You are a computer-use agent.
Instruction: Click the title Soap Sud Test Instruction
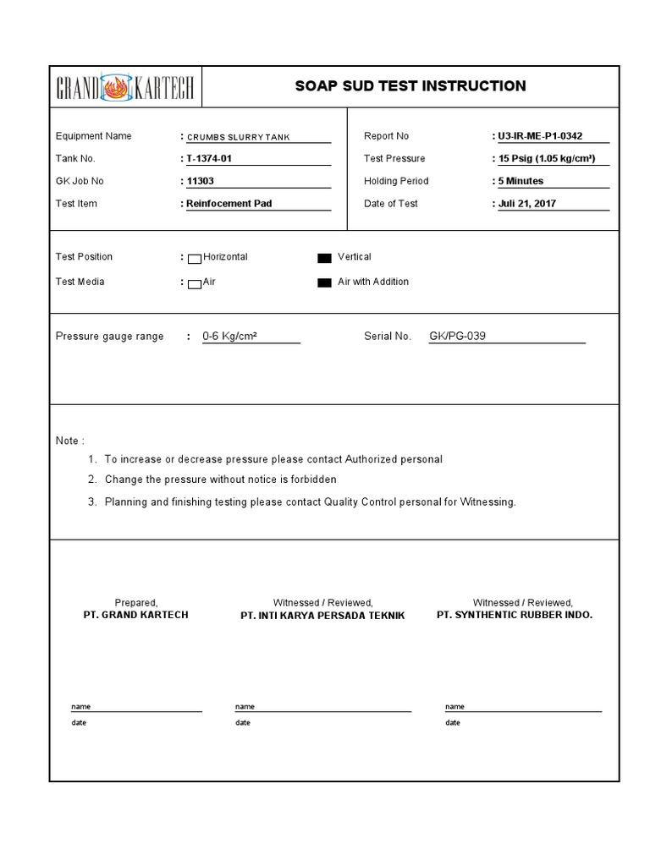point(410,86)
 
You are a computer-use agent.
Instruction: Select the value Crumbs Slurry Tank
point(238,137)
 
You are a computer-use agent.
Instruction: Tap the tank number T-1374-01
point(209,159)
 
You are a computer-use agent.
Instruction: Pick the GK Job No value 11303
point(200,181)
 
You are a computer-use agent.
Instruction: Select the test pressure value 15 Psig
point(552,159)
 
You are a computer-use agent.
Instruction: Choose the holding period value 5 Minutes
point(521,181)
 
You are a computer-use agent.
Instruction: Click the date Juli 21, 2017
point(527,204)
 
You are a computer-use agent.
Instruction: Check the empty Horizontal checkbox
point(194,258)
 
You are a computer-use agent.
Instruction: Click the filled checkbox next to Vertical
point(324,258)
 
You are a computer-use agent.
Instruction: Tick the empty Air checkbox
point(194,283)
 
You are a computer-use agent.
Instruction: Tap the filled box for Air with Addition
point(324,283)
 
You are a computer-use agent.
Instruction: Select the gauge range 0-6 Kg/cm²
point(229,337)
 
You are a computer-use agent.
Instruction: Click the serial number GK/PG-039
point(457,337)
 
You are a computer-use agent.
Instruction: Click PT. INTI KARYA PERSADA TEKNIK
point(322,617)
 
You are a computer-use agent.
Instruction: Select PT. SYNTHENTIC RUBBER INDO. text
point(515,616)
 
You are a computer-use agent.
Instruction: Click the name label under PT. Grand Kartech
point(80,707)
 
